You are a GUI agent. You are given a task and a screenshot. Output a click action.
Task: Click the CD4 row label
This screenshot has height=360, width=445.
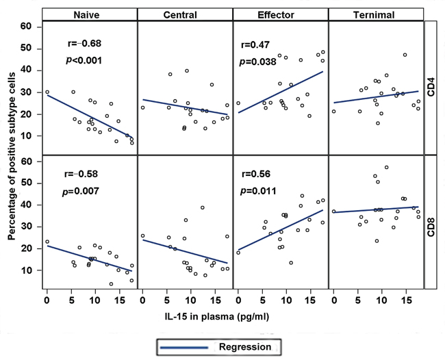pyautogui.click(x=431, y=88)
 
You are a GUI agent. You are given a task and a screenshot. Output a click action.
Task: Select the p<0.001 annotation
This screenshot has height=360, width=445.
pyautogui.click(x=83, y=60)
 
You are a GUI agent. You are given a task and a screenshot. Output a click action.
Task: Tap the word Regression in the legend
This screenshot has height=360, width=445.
pyautogui.click(x=245, y=347)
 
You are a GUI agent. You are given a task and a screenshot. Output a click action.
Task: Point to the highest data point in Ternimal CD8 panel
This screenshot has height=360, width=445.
pyautogui.click(x=386, y=167)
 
